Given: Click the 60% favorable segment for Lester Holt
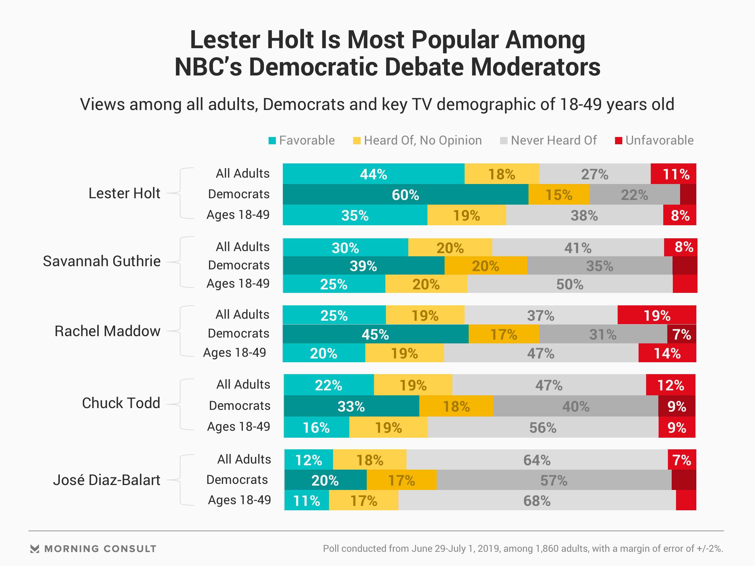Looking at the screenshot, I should tap(405, 195).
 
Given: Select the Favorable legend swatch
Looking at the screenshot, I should tap(272, 140).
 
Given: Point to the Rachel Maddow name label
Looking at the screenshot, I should tap(107, 331).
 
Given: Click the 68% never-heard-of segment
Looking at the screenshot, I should tap(537, 500).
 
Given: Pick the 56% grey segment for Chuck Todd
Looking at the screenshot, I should tap(543, 428).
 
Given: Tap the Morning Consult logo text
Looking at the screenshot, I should tap(100, 549).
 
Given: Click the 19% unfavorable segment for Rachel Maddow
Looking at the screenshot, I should tap(657, 315).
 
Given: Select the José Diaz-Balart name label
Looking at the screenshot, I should tap(107, 480).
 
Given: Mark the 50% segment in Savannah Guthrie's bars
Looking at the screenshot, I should tap(570, 284).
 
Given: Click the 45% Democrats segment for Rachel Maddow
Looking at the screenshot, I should tap(375, 334).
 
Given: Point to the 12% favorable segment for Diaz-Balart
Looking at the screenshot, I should tap(309, 460).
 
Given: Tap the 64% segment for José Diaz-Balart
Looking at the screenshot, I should tap(537, 460).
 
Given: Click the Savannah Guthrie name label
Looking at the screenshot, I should tap(102, 261).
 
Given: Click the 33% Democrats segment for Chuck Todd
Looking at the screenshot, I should tap(351, 406).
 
